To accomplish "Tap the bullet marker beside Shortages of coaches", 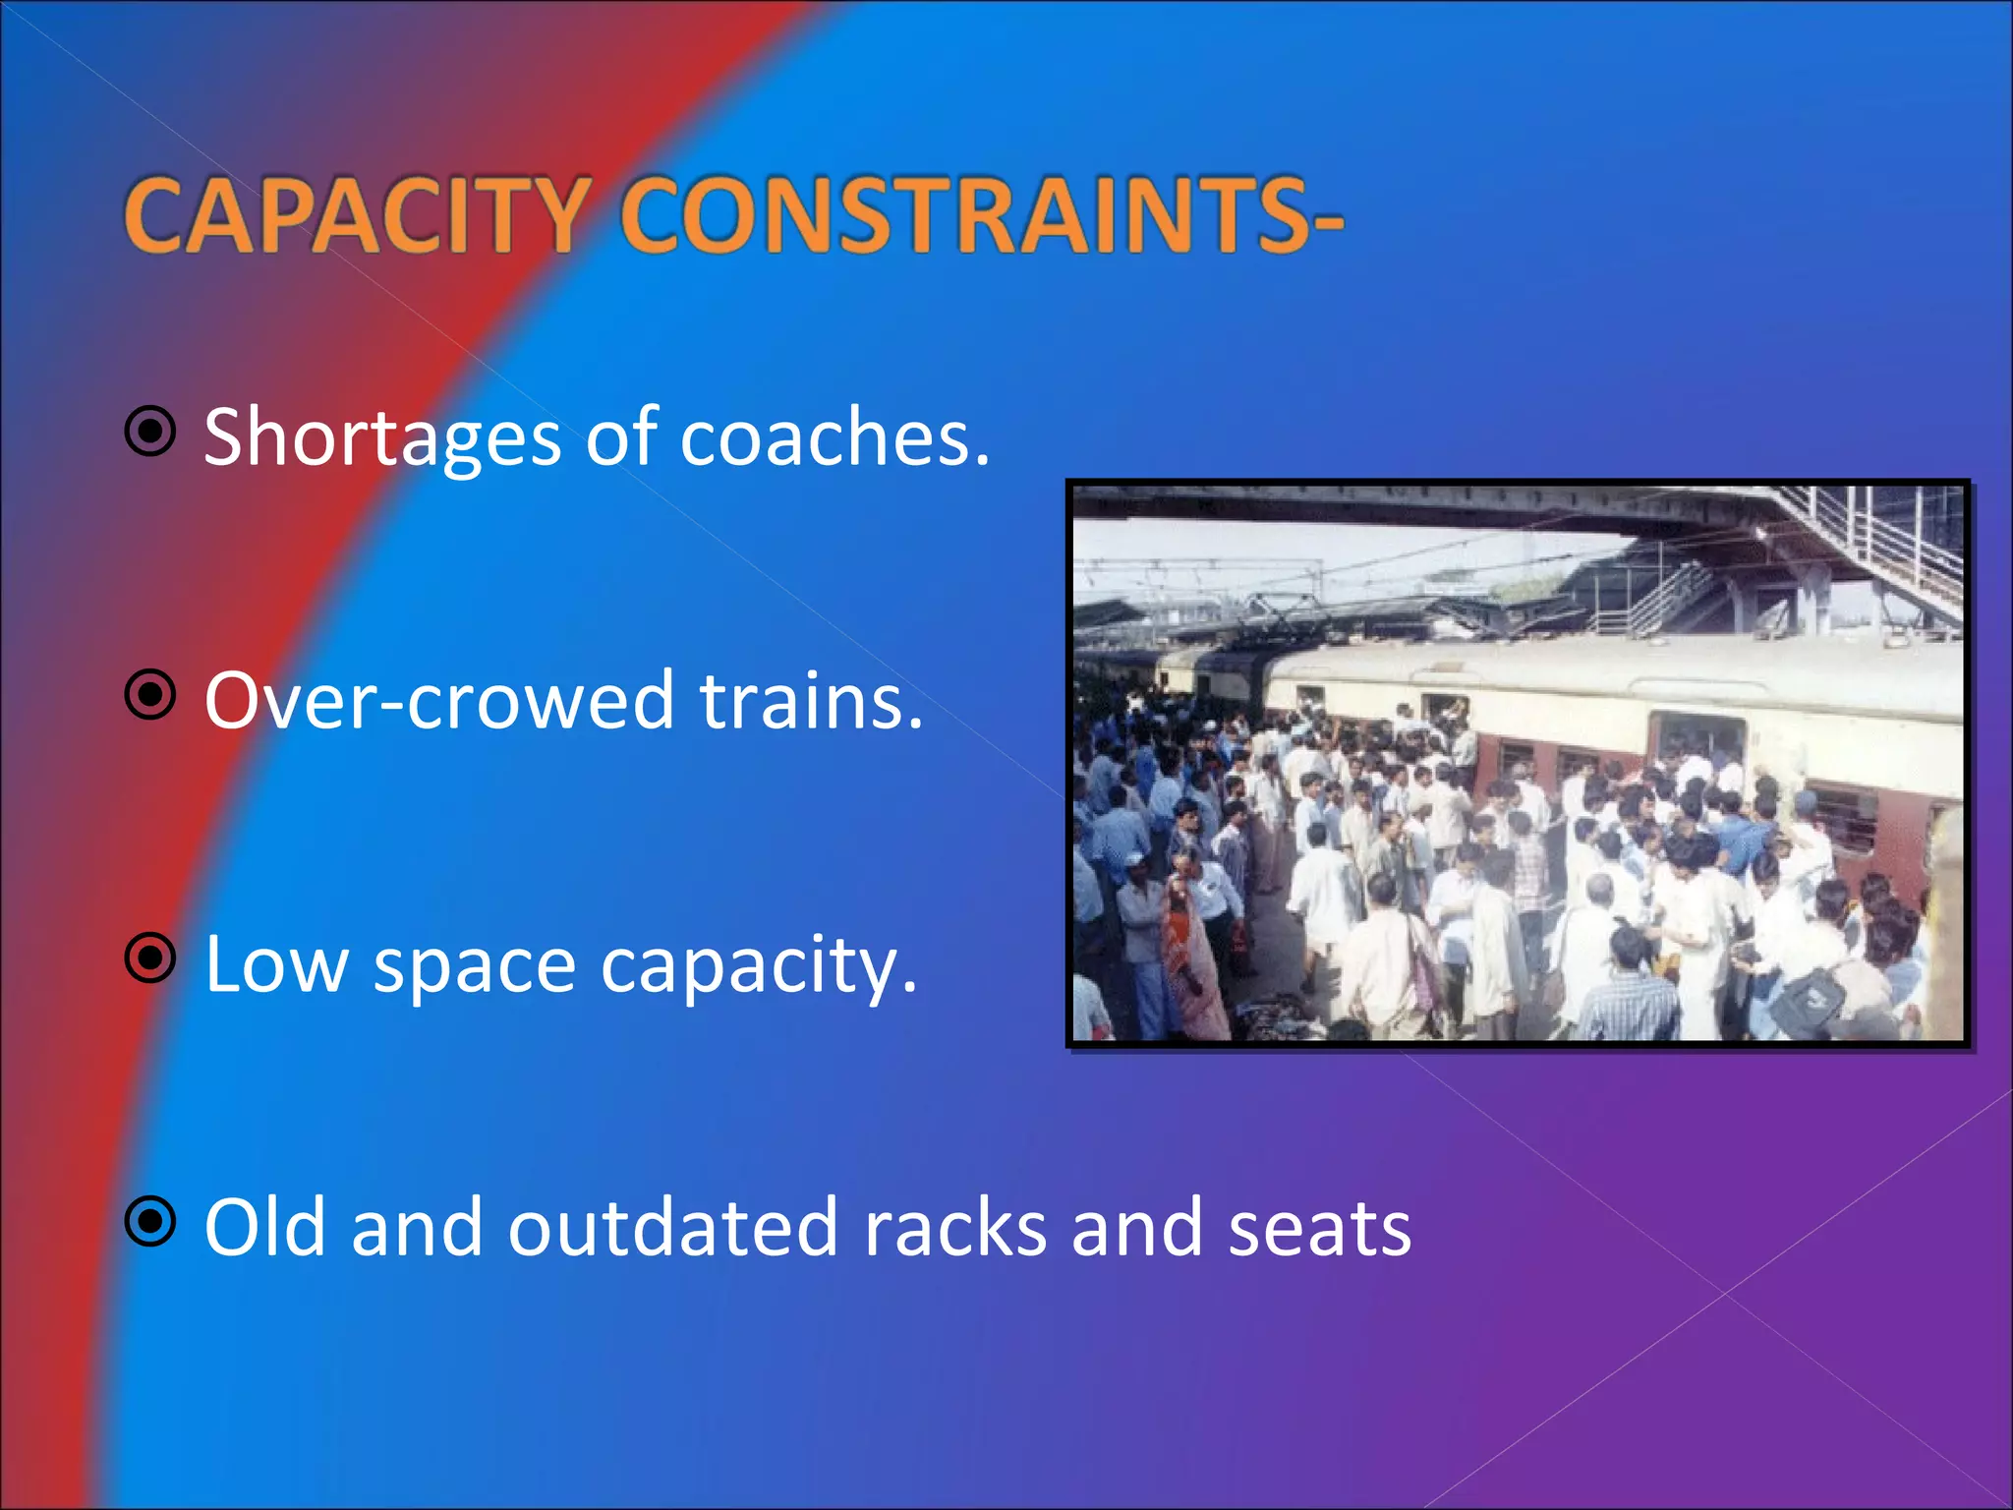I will click(x=150, y=431).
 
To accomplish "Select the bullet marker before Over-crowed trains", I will click(x=150, y=695).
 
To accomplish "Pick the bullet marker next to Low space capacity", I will click(x=150, y=958).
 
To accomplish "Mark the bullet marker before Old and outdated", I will click(x=150, y=1222).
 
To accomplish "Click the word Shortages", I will click(x=382, y=438).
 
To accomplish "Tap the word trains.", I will click(x=811, y=701).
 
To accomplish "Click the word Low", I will click(x=276, y=964).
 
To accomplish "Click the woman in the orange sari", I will click(x=1191, y=944).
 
